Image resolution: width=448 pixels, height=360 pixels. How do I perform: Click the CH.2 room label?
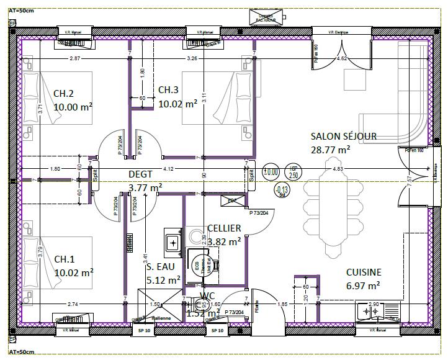click(x=63, y=94)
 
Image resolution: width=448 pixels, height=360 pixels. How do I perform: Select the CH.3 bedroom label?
click(x=168, y=90)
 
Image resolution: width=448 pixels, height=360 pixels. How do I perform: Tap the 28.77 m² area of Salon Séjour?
click(x=330, y=149)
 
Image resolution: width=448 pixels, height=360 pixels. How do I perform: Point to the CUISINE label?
click(x=364, y=272)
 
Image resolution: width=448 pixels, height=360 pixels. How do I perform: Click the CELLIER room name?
click(x=224, y=228)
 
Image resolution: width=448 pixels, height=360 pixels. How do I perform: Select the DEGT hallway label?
click(x=140, y=174)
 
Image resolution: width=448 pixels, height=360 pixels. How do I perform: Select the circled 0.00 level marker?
click(x=271, y=172)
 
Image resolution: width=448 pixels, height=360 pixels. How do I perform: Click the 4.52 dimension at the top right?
click(x=341, y=58)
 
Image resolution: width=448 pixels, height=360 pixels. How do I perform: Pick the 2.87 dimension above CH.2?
click(x=74, y=58)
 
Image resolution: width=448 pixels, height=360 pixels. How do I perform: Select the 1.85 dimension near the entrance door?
click(x=282, y=304)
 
